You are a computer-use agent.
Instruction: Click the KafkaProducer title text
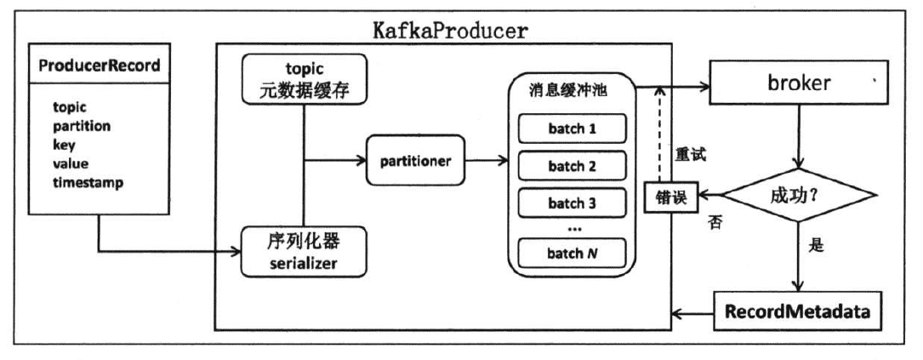(450, 30)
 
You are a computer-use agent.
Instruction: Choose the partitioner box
(416, 159)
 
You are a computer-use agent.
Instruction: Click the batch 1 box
(572, 128)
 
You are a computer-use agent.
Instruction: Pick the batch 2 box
(572, 167)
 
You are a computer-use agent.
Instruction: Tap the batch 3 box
(572, 204)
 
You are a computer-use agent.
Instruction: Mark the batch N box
(572, 252)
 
